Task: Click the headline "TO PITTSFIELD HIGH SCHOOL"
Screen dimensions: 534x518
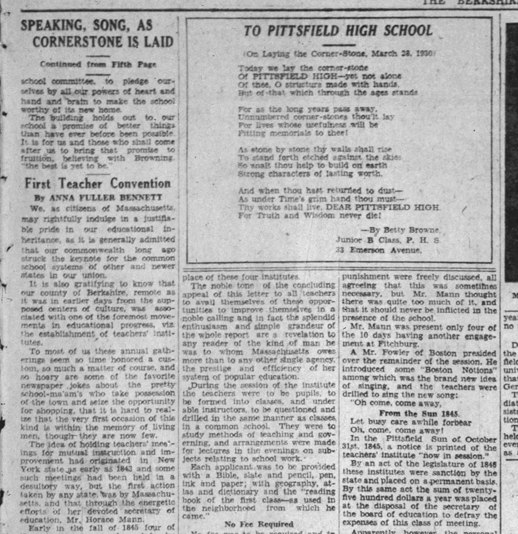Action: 338,31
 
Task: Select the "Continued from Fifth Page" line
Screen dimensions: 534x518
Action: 98,64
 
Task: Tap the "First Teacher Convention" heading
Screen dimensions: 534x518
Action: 98,184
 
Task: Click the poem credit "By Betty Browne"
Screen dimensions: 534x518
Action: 400,229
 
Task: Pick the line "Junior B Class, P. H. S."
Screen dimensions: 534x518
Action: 387,240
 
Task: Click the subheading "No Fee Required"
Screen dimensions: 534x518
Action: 259,523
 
